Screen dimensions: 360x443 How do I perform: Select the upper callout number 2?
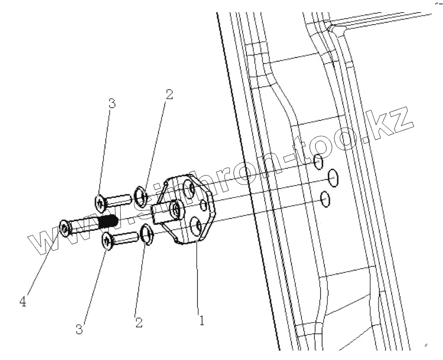[169, 94]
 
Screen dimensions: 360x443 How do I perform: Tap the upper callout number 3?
[112, 104]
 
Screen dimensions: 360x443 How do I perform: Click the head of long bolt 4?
[65, 228]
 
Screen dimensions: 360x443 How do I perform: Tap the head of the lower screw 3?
[108, 241]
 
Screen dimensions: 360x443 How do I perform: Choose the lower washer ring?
[147, 233]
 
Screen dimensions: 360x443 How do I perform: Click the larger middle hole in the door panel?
[333, 178]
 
